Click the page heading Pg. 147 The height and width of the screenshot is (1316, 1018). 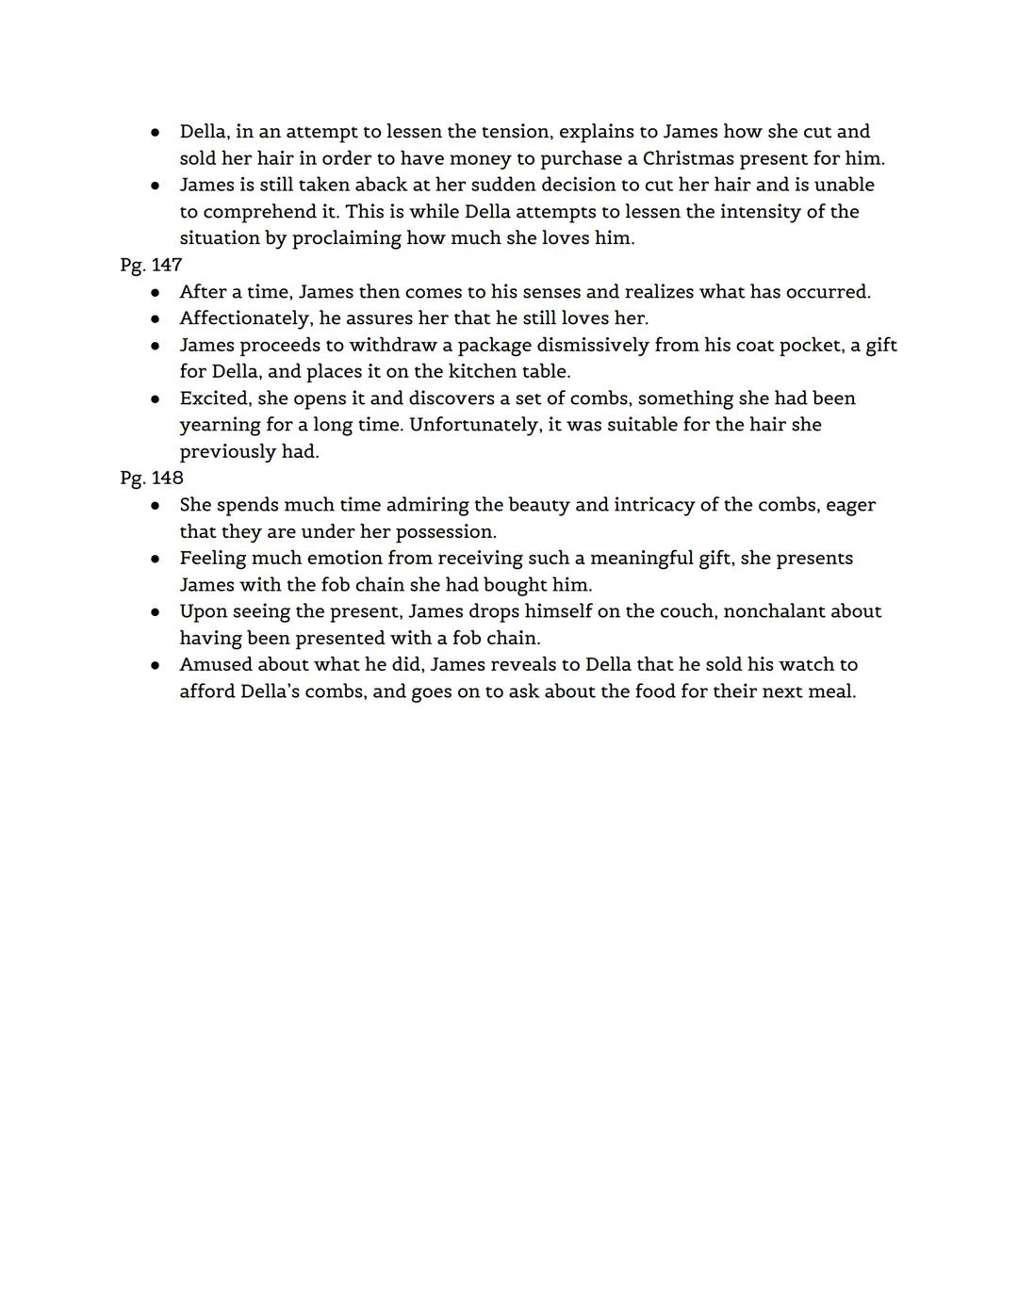(x=151, y=265)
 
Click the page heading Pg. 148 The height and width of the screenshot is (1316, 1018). (x=151, y=478)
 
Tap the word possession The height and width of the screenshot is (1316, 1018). (x=445, y=531)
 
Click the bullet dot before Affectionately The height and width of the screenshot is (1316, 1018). (x=155, y=319)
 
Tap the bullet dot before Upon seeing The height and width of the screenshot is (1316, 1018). (x=155, y=612)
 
